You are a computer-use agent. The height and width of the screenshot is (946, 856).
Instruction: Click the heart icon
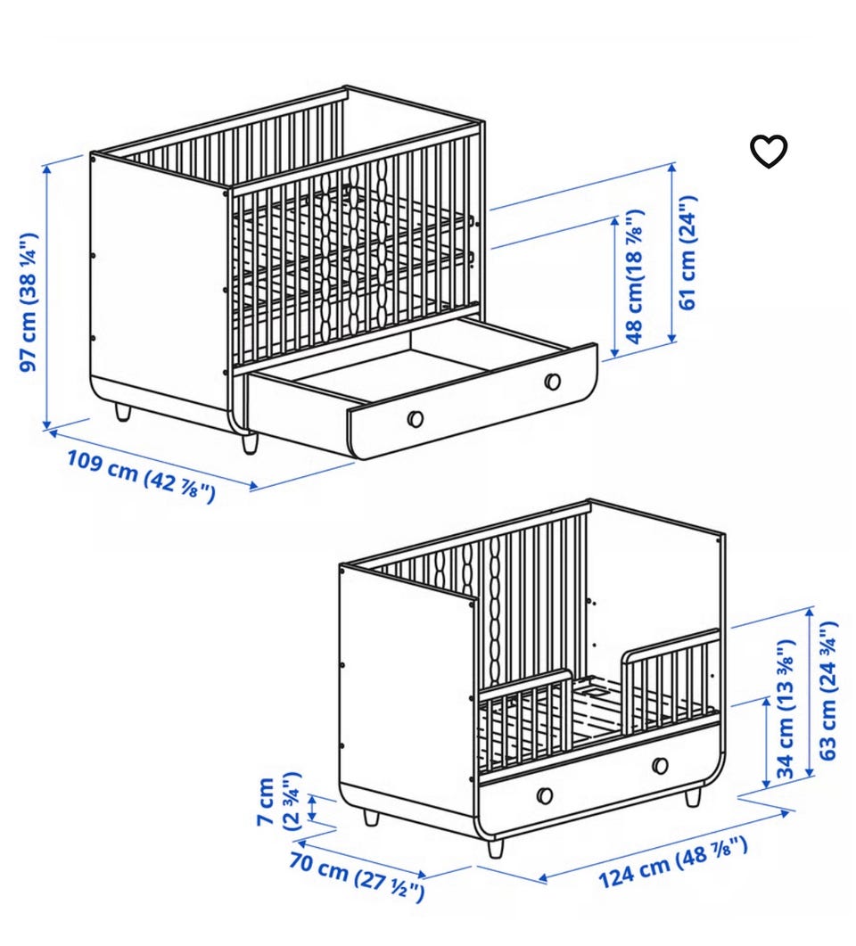768,151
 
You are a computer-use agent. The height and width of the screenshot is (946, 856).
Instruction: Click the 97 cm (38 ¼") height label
30,301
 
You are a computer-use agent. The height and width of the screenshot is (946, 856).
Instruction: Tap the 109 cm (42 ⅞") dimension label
141,477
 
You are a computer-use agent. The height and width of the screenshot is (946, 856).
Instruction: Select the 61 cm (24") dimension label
687,252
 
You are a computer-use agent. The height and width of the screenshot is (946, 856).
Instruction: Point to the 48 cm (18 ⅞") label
635,277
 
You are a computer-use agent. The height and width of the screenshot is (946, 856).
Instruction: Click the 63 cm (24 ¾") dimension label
827,689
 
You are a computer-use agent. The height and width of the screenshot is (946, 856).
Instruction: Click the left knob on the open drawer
415,418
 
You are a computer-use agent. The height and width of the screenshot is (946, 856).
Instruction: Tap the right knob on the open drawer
552,382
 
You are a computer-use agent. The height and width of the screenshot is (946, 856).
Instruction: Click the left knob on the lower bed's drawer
544,795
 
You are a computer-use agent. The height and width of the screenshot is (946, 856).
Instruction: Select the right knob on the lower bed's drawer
660,765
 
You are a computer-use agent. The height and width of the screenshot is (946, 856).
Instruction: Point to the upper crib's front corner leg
249,443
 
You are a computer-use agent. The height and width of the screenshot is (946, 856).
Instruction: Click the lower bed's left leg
371,818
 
